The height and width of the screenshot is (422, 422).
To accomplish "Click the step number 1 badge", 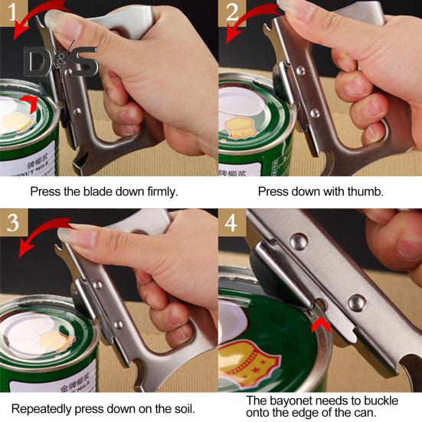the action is pos(14,14).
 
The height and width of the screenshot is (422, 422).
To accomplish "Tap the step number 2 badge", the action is pos(232,14).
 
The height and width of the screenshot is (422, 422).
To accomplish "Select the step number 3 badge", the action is pos(14,222).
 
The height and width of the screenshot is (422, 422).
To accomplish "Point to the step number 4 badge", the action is pos(232,222).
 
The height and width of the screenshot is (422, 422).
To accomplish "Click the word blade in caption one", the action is pos(98,191).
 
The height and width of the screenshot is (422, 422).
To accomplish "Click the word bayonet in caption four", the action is pos(291,401).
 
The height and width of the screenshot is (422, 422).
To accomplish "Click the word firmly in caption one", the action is pos(163,191).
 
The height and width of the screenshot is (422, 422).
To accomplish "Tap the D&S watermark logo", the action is pos(61,62).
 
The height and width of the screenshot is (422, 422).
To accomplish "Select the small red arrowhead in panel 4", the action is pos(321,324).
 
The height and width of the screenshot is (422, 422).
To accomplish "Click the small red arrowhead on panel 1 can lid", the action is pos(31,103).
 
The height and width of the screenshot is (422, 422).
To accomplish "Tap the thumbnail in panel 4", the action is pos(409,247).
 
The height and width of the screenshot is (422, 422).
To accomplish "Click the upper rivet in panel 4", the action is pos(299,240).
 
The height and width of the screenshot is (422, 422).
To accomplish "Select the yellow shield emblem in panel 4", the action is pos(250,362).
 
